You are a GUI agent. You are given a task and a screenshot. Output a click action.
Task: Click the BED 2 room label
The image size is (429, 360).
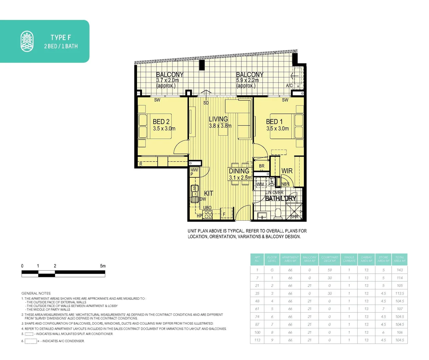[161, 122]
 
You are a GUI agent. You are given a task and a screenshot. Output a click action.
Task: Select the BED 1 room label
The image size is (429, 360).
[274, 122]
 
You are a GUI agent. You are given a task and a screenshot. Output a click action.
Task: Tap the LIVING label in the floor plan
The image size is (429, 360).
[218, 119]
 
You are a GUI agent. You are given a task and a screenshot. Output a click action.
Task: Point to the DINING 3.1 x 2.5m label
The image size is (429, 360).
[240, 174]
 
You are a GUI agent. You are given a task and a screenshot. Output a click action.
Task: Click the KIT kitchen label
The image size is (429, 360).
[208, 193]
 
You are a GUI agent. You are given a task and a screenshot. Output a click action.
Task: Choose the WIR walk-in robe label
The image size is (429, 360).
[287, 171]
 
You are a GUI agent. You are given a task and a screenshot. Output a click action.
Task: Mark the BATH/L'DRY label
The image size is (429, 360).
[280, 198]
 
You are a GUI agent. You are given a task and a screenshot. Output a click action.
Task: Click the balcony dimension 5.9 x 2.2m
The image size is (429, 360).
[247, 80]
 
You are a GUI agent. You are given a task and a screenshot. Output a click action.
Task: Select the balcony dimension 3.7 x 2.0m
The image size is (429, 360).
[167, 80]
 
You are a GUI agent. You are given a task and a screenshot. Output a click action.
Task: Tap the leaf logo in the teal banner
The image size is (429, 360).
[27, 41]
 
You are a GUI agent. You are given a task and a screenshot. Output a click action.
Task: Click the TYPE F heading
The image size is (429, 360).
[61, 37]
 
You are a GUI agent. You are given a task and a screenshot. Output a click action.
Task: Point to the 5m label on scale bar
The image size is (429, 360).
[103, 266]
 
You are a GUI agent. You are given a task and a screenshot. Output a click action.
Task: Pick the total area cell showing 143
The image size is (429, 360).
[399, 270]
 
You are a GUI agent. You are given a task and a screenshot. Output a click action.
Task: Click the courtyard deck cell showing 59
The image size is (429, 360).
[329, 270]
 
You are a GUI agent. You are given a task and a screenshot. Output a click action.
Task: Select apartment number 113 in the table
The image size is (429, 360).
[257, 340]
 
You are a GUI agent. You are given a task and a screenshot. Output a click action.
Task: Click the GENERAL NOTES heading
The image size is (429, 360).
[36, 293]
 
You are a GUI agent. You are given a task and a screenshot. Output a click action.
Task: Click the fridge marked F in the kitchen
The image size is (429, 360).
[224, 214]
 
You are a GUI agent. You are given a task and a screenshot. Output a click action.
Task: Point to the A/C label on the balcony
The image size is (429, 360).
[289, 86]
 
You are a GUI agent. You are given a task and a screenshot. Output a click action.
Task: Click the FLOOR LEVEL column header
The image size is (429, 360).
[272, 259]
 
